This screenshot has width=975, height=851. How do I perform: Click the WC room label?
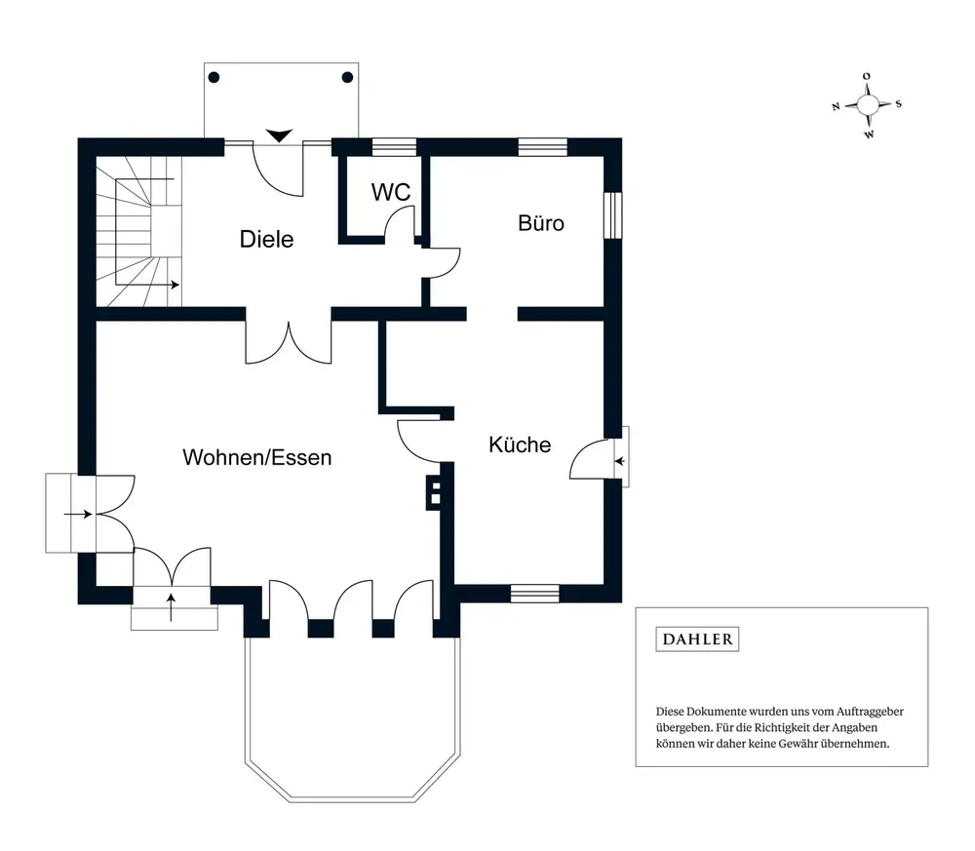391,192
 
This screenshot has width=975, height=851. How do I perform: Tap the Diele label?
267,240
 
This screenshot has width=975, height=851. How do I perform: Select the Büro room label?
541,223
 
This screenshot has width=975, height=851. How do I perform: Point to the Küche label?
520,445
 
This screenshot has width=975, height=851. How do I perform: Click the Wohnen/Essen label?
257,457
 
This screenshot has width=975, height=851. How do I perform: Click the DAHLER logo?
698,639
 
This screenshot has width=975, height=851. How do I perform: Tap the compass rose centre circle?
868,104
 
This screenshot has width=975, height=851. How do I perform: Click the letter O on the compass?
867,76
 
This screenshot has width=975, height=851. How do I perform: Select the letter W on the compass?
870,135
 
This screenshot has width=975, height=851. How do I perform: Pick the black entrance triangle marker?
279,135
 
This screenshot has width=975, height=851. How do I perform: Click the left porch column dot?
214,78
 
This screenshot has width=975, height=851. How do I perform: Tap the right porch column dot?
348,78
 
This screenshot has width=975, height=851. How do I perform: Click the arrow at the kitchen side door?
619,461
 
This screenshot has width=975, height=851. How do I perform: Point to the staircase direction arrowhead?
175,285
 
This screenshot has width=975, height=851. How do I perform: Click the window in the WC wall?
394,146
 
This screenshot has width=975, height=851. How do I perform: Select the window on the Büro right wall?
613,215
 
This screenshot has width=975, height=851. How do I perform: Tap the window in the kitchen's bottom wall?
534,594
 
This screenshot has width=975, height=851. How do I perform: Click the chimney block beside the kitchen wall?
435,493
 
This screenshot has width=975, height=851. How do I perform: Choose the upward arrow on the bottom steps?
172,607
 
